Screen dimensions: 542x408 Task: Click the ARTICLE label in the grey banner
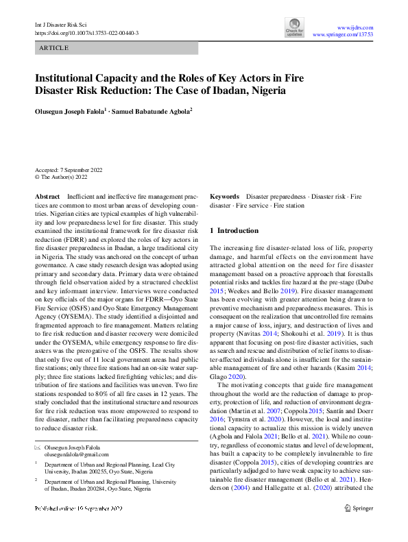(54, 49)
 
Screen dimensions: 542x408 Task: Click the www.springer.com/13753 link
(343, 34)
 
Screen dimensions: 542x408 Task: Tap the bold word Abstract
(47, 197)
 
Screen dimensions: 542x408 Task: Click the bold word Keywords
(224, 197)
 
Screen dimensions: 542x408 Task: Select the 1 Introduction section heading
(234, 231)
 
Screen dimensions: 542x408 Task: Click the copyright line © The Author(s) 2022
(63, 176)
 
